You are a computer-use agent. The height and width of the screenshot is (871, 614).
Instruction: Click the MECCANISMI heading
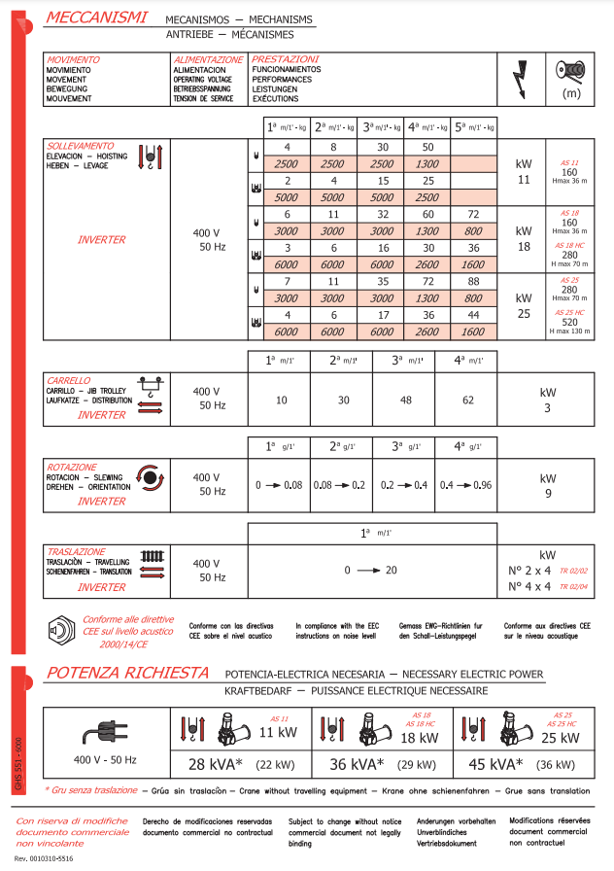coord(96,18)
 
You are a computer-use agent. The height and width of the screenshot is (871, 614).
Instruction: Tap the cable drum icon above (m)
coord(570,72)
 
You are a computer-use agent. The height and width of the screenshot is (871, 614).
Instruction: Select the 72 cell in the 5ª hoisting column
coord(473,214)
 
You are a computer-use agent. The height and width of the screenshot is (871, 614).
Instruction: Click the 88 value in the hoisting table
coord(473,281)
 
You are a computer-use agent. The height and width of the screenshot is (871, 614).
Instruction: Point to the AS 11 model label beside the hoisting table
coord(570,162)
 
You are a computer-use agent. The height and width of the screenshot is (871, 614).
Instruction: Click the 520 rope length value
coord(570,322)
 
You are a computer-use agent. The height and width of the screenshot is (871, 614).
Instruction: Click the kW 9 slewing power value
coord(548,484)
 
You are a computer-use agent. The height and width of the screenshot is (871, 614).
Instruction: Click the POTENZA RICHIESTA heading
coord(127,673)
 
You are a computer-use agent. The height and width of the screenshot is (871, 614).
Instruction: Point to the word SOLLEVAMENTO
coord(80,147)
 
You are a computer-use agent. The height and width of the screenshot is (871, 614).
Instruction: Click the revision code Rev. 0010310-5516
coord(46,860)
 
